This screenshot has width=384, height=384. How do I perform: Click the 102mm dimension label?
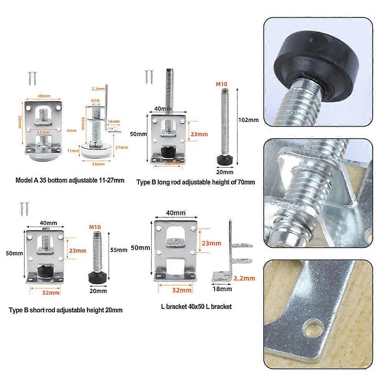(249, 120)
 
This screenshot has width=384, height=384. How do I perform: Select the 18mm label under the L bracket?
(220, 287)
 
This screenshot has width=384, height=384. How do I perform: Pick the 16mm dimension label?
(114, 122)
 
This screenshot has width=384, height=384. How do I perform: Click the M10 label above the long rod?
(222, 84)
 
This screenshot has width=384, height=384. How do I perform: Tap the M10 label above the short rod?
(94, 227)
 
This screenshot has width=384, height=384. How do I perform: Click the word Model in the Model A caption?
(24, 180)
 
